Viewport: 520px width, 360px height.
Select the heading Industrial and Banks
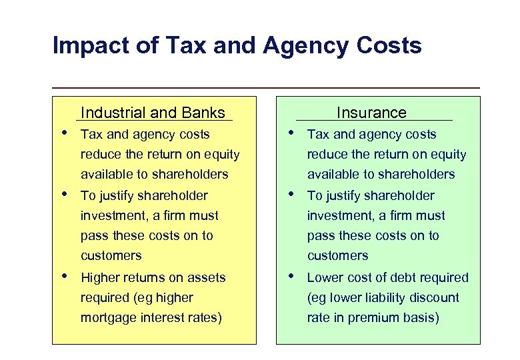coord(153,113)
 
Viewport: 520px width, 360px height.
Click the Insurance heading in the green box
coord(371,113)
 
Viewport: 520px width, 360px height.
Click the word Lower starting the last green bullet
coord(325,277)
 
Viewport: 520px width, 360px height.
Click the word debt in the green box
coord(400,277)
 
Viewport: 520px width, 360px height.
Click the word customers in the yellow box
coord(111,256)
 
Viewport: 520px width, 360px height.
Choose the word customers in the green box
coord(337,256)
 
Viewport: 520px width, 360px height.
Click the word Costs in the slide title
coord(390,47)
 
